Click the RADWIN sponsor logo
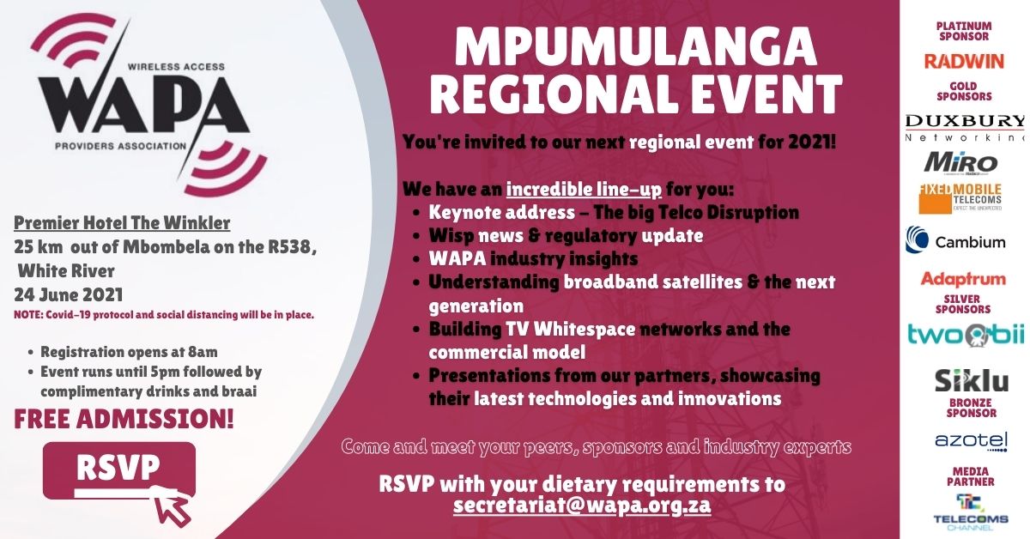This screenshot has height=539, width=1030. tap(964, 61)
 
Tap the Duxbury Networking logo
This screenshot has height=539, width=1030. tap(965, 128)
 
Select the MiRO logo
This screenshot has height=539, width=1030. tap(960, 163)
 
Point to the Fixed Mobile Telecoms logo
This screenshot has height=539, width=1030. tap(960, 198)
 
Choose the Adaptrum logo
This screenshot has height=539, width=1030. tap(963, 279)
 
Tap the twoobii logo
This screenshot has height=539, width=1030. tap(966, 336)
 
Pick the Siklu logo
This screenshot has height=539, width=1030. tap(972, 380)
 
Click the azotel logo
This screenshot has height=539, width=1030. tap(971, 442)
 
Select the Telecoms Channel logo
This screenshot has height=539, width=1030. tap(971, 512)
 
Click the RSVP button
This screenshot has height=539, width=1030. tap(119, 470)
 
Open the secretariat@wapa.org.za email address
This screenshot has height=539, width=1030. tap(582, 505)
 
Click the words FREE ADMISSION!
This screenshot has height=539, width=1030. tap(124, 420)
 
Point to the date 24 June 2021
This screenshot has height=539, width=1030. tap(69, 294)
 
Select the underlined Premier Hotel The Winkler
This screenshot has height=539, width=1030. tap(122, 223)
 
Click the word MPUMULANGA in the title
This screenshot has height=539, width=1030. tap(635, 47)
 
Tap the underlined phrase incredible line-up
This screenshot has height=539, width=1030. tap(584, 189)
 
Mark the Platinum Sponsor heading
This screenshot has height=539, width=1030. tap(964, 31)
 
